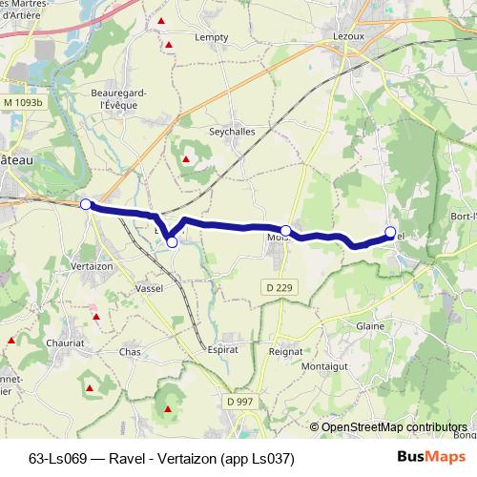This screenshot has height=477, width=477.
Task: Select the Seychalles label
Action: [x=231, y=133]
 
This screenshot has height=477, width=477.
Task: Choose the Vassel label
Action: [x=150, y=287]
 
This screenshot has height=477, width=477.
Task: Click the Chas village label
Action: [x=130, y=352]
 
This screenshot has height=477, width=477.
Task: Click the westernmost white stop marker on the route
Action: [x=85, y=204]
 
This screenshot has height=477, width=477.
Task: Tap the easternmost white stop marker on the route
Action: [x=390, y=232]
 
